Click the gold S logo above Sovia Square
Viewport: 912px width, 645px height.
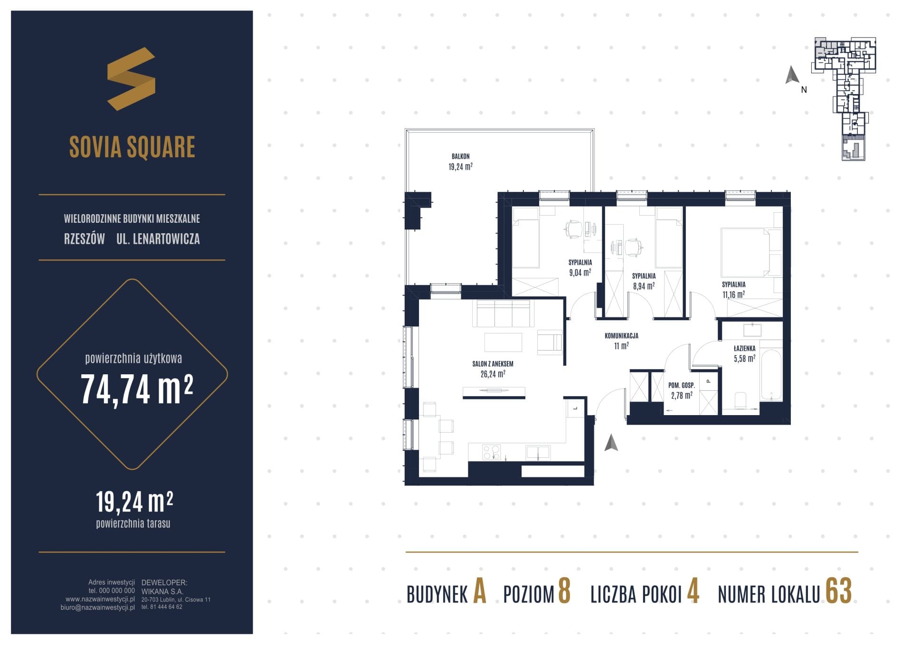tap(131, 79)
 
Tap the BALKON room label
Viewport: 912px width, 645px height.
tap(460, 156)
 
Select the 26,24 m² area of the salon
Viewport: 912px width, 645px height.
tap(493, 374)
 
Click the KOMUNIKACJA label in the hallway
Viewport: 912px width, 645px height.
tap(621, 336)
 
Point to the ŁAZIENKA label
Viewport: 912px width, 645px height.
tap(744, 349)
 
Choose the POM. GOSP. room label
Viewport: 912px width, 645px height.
tap(682, 385)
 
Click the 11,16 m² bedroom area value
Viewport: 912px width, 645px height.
tap(733, 294)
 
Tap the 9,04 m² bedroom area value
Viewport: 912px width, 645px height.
tap(580, 273)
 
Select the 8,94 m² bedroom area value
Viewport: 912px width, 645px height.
tap(644, 286)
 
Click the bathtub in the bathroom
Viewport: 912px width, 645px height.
tap(771, 375)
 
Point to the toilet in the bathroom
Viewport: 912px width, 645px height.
tap(741, 400)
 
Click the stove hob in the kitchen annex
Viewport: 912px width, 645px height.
tap(491, 452)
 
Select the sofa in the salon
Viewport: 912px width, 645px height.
tap(502, 313)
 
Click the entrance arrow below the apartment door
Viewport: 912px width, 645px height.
tap(611, 443)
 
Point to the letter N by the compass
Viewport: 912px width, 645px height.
tap(804, 89)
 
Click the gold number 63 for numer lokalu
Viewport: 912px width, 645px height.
tap(838, 591)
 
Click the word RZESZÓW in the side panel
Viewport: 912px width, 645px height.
tap(85, 239)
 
